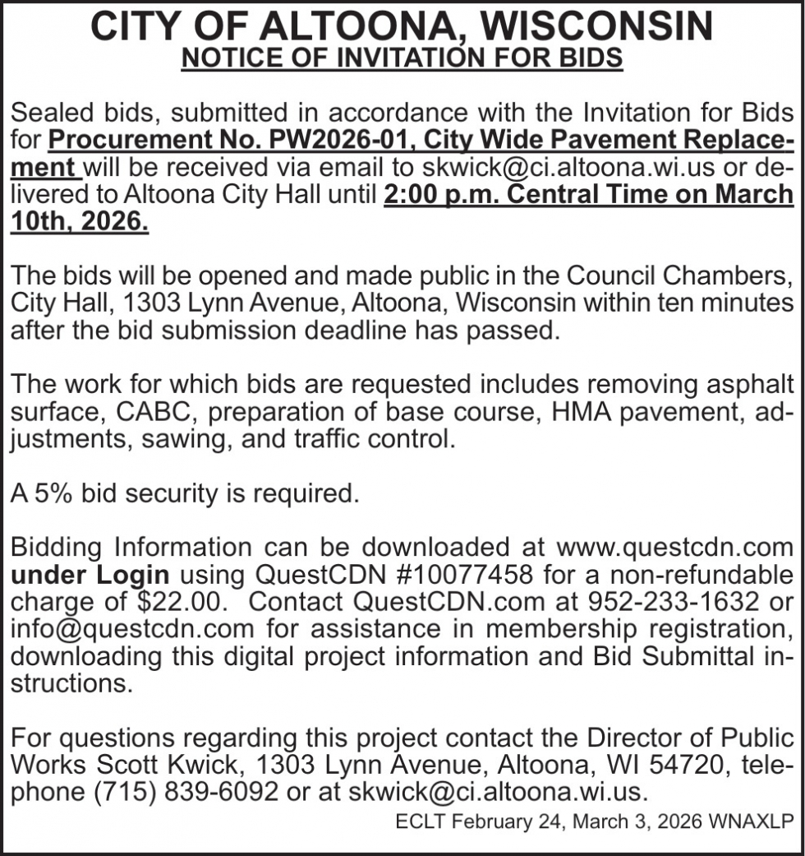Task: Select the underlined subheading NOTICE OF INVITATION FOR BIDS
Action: coord(402,60)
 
